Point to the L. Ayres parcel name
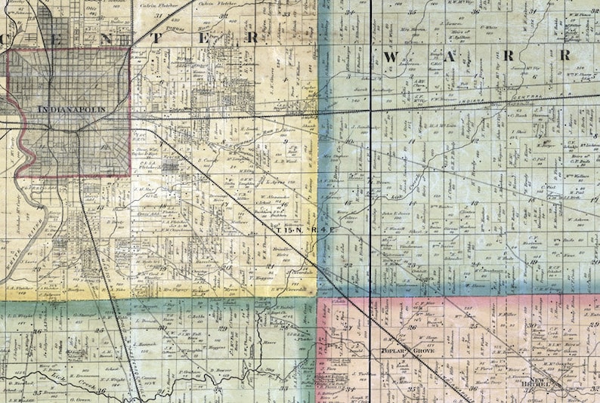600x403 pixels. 274,182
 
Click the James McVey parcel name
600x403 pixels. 527,69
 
